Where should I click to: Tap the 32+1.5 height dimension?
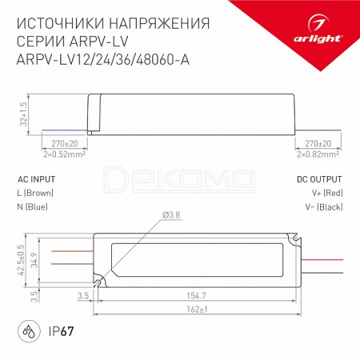[x=24, y=114]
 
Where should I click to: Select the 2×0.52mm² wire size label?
[x=64, y=154]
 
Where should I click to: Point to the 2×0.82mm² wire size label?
[x=318, y=154]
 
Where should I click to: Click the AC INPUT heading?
[x=37, y=179]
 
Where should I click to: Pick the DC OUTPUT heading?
[x=319, y=179]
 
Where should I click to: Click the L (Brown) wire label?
[x=35, y=193]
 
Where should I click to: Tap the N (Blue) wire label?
[x=32, y=206]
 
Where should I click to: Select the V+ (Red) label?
[x=327, y=193]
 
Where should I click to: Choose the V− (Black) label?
[x=324, y=206]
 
